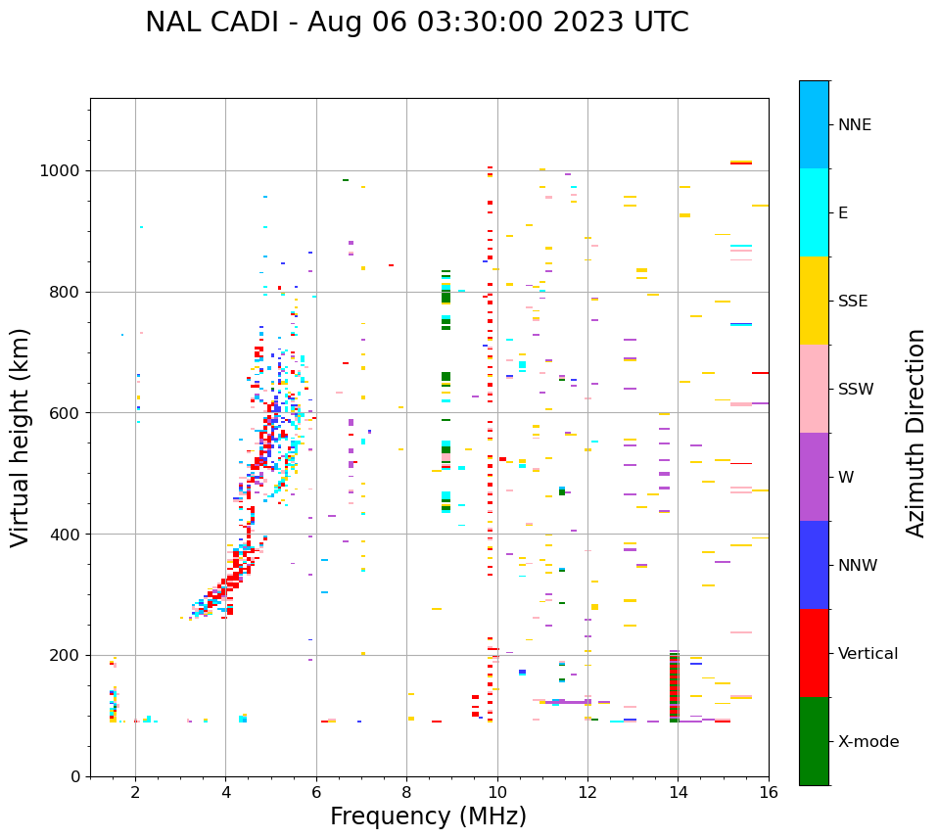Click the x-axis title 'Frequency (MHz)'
pos(428,816)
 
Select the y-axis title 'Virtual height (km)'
pos(21,437)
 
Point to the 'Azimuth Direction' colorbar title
pos(915,433)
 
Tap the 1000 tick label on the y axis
pos(61,170)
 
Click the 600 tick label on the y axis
pos(65,413)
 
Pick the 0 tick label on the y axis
pos(74,776)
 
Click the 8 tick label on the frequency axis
pos(406,794)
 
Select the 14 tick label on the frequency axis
pos(678,794)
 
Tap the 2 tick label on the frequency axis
pos(135,794)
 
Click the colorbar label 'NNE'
pos(854,125)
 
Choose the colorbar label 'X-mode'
pos(868,742)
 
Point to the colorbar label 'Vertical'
pos(868,654)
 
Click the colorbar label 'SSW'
pos(855,390)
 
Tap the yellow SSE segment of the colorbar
pos(814,301)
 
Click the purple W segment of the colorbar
pos(814,477)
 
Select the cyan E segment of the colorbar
pos(814,212)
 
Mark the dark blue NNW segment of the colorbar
pos(814,565)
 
